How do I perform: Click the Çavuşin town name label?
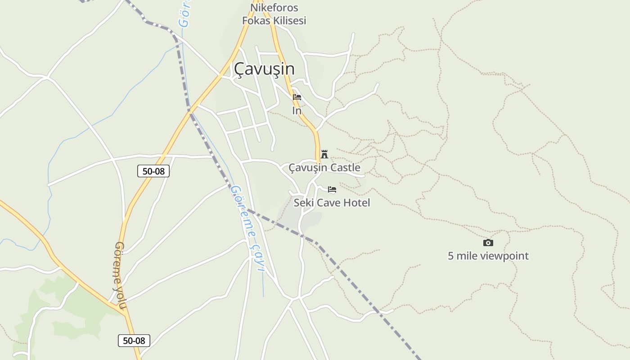(264, 69)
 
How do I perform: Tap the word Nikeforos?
(274, 8)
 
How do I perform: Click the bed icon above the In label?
(297, 97)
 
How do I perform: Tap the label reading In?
(297, 111)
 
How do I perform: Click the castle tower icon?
(324, 154)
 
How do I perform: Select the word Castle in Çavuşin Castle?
(345, 168)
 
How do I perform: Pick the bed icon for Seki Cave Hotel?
(332, 189)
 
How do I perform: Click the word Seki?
(303, 203)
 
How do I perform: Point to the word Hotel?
(356, 203)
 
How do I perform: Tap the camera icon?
(488, 243)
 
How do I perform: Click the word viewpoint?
(504, 256)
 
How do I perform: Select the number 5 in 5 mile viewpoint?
(451, 256)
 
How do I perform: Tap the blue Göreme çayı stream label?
(247, 228)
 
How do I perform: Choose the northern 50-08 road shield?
(153, 171)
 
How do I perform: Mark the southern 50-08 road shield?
(134, 341)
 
